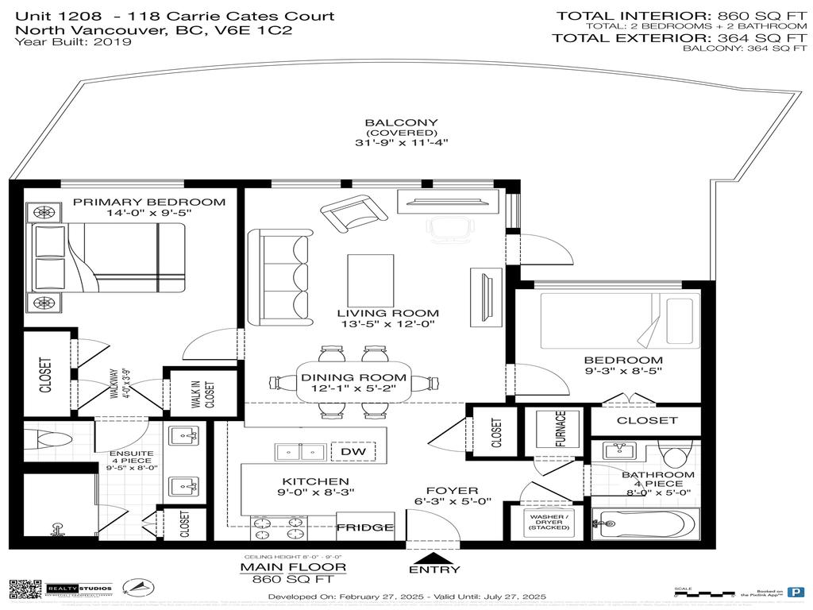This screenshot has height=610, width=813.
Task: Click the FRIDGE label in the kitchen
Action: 365,527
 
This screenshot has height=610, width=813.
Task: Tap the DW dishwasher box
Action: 353,452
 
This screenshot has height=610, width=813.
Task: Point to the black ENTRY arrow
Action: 433,556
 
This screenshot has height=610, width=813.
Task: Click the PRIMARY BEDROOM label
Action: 149,203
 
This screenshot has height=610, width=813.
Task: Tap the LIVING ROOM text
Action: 387,313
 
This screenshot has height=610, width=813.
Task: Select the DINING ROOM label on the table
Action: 353,378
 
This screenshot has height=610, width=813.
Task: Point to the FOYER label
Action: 452,491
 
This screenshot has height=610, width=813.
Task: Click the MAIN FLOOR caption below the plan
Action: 293,567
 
